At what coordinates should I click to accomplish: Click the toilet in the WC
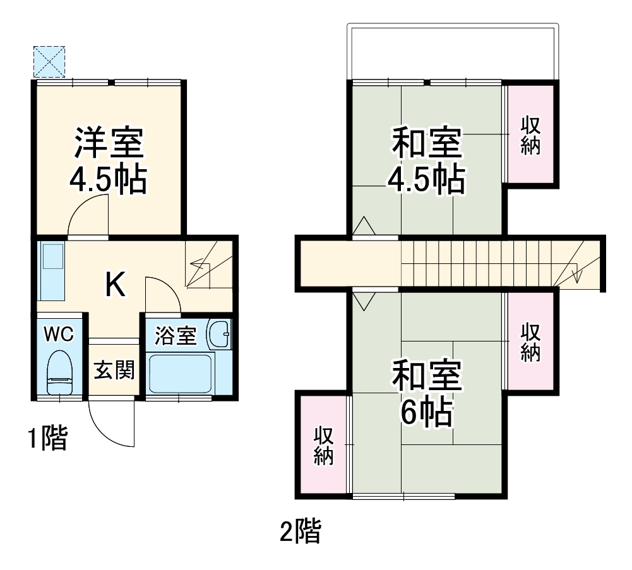coord(61,372)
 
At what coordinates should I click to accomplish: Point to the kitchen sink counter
coord(51,271)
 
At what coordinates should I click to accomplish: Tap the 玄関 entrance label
coord(114,371)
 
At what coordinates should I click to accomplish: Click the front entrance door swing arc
coord(110,426)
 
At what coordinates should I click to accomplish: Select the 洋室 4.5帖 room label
coord(108,160)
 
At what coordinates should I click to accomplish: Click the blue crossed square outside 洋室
coord(49,61)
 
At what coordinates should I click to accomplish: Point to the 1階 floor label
coord(47,438)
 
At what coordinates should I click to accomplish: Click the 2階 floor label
coord(300,531)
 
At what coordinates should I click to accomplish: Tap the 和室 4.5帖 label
coord(427,161)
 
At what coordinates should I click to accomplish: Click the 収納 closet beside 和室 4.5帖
coord(530,134)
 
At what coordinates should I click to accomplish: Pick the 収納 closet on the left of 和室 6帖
coord(323,446)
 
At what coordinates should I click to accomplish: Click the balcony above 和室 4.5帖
coord(453,53)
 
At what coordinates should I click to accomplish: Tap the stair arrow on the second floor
coord(576,268)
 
